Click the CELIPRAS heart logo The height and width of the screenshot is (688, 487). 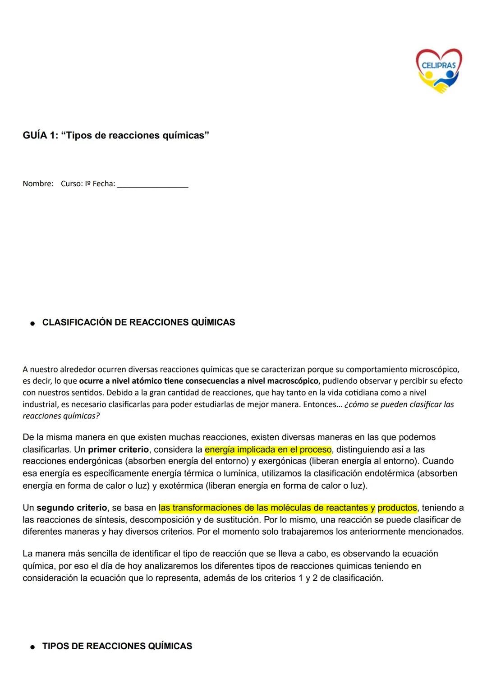(438, 70)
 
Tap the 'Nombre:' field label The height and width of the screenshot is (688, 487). (38, 184)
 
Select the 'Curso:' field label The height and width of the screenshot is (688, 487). (72, 184)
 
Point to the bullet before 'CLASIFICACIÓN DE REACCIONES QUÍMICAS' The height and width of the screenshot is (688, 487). (32, 323)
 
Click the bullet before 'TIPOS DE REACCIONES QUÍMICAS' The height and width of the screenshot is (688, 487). (32, 647)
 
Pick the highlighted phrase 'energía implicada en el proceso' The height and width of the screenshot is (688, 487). (268, 449)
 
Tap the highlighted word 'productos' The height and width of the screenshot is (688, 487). (397, 508)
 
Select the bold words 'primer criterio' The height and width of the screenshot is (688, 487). (118, 449)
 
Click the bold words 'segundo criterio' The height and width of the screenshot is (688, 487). (72, 508)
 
